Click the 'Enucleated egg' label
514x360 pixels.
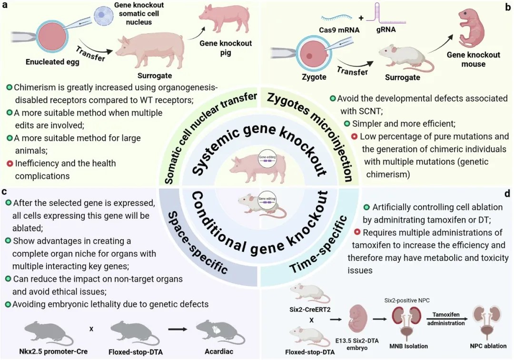tap(52, 62)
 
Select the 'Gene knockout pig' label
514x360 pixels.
tap(226, 48)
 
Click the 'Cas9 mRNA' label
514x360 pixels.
tap(339, 30)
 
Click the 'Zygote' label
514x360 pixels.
tap(314, 77)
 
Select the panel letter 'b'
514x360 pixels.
tap(508, 7)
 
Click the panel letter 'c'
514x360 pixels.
tap(4, 191)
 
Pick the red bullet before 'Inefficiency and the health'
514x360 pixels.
tap(10, 163)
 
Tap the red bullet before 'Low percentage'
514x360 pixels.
tap(354, 136)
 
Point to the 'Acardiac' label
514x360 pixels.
tap(219, 351)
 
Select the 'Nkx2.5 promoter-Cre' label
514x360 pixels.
tap(53, 351)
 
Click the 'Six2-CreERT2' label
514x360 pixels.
tap(310, 310)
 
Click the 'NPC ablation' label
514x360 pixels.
tap(488, 346)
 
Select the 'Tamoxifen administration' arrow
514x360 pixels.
tap(446, 319)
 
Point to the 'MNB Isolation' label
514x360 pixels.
tap(408, 346)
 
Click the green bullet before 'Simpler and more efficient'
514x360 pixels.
tap(346, 124)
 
